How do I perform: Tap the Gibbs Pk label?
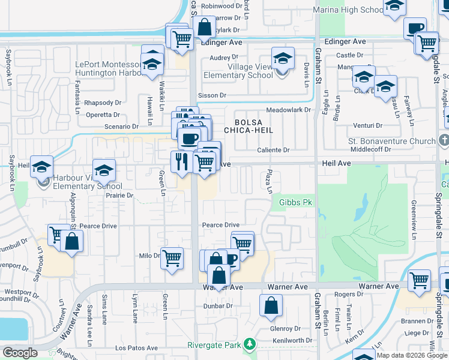coord(297,203)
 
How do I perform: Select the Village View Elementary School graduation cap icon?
coord(281,59)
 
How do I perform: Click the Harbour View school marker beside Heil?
coord(42,167)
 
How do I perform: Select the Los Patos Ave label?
coord(136,348)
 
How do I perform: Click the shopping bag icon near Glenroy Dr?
coord(271,304)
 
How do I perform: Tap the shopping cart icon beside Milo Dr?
coord(172,258)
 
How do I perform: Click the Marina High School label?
coord(348,10)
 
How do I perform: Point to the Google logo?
coord(20,353)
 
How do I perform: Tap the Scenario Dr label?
coord(122,127)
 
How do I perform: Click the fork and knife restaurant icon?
coord(180,161)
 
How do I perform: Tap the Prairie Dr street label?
coord(121,196)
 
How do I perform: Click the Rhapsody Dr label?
coord(103,103)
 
